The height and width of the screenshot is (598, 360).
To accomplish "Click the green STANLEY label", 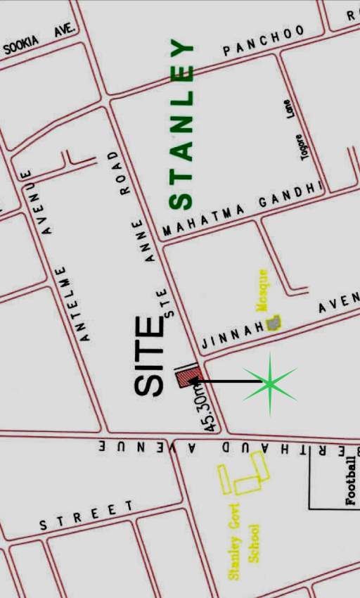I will pos(181,125).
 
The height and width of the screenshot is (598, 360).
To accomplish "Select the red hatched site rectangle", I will pos(188,377).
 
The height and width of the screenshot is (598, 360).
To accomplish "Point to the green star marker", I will pos(270,383).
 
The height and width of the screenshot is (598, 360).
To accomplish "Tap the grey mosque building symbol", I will pos(274,323).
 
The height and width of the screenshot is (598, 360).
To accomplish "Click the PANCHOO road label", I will pos(264,41).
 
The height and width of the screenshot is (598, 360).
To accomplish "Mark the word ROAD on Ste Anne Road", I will pos(121,172).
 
